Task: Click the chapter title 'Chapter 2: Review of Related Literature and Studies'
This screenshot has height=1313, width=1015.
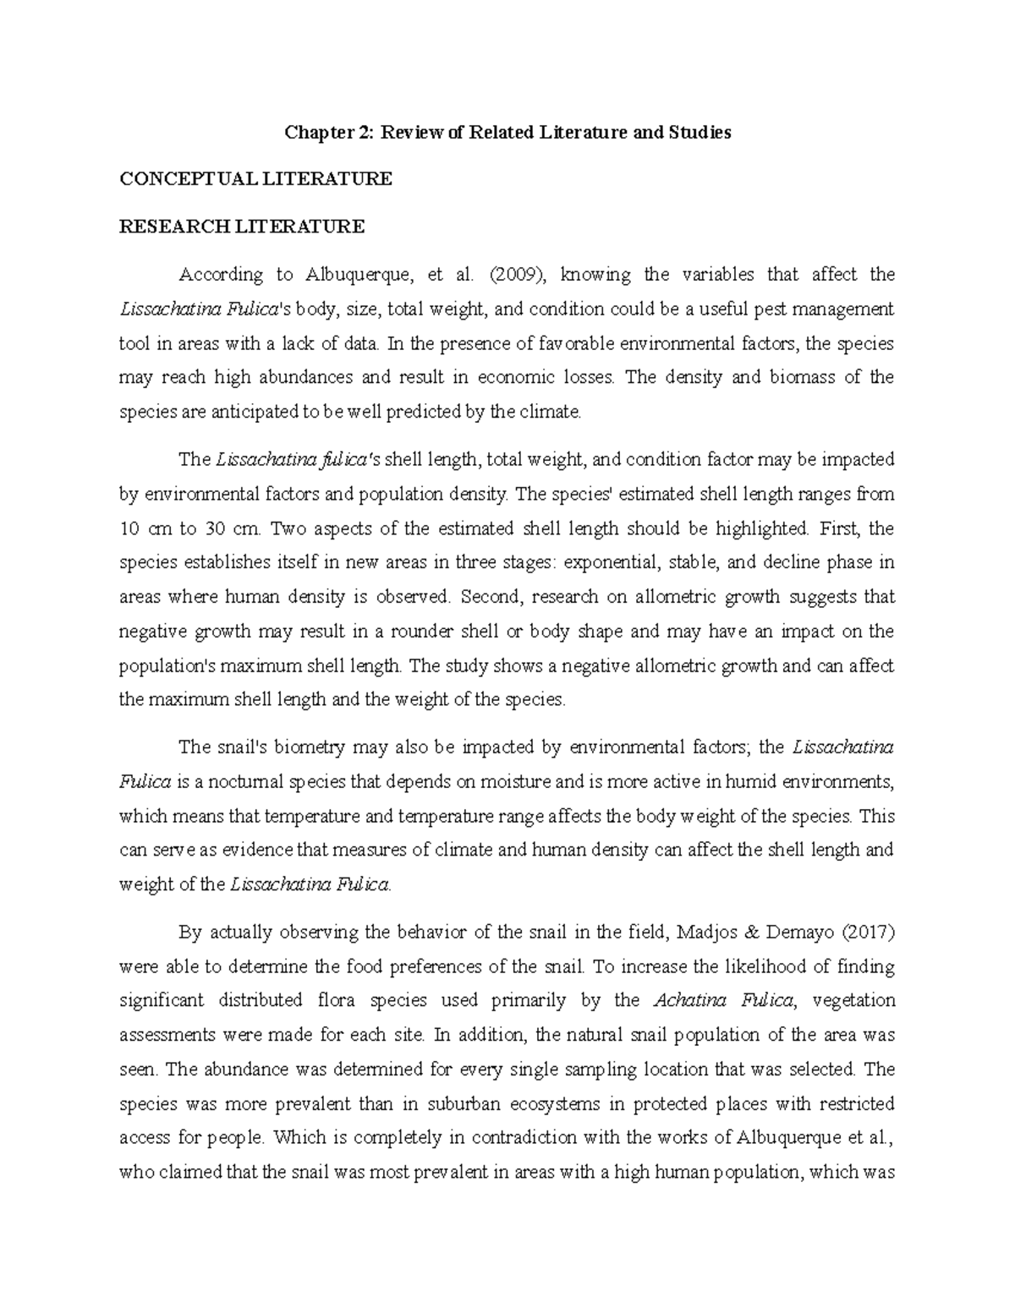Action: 507,133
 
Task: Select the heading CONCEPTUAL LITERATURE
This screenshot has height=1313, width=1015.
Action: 255,179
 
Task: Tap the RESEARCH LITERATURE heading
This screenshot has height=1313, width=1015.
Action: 242,227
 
